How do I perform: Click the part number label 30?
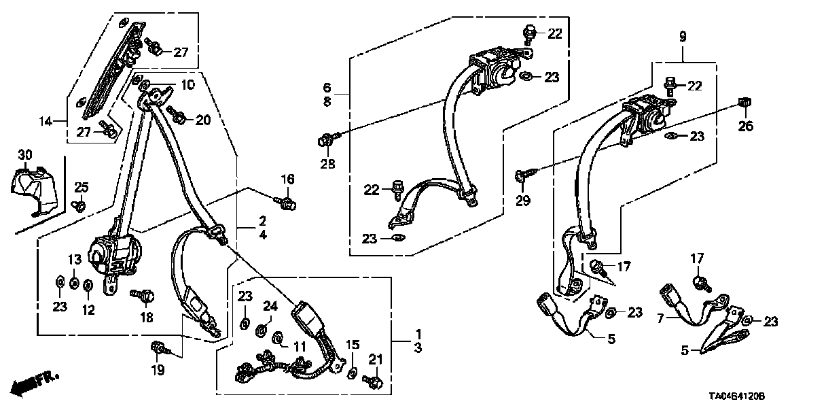[25, 156]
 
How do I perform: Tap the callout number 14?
[46, 122]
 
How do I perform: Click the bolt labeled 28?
[325, 141]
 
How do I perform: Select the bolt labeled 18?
[143, 295]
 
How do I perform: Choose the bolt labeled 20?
[178, 117]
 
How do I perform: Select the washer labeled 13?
[74, 282]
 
